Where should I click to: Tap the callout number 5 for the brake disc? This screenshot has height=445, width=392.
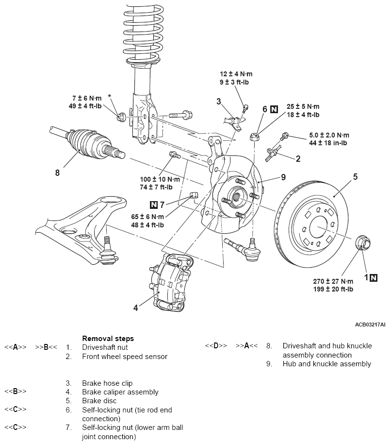pyautogui.click(x=355, y=177)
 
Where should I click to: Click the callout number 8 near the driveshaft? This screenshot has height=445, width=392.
pyautogui.click(x=57, y=172)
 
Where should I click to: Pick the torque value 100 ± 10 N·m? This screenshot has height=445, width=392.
pyautogui.click(x=160, y=179)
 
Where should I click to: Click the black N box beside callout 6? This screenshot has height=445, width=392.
pyautogui.click(x=274, y=109)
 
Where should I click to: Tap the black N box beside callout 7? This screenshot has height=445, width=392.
pyautogui.click(x=154, y=204)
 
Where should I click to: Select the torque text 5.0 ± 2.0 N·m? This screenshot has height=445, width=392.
pyautogui.click(x=328, y=135)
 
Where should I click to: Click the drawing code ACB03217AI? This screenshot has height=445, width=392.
pyautogui.click(x=370, y=324)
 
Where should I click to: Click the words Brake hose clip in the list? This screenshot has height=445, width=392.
pyautogui.click(x=107, y=383)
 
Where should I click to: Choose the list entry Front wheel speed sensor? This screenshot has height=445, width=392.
pyautogui.click(x=125, y=357)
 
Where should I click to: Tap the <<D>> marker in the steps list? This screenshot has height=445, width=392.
pyautogui.click(x=216, y=346)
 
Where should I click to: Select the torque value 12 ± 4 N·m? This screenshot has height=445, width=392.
pyautogui.click(x=236, y=74)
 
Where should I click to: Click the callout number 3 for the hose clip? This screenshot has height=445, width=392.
pyautogui.click(x=219, y=101)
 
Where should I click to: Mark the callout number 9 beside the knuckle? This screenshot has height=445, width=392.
pyautogui.click(x=283, y=177)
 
